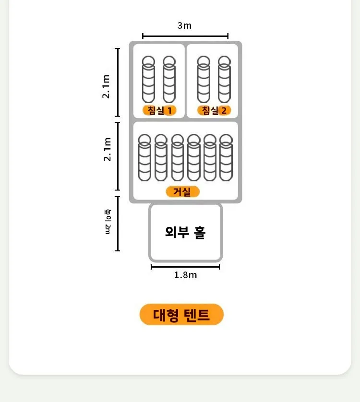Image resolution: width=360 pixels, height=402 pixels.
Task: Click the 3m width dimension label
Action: pyautogui.click(x=184, y=26)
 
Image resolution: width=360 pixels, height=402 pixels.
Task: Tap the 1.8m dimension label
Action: pyautogui.click(x=185, y=275)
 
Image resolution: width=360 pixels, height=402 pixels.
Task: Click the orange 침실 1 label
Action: pyautogui.click(x=159, y=111)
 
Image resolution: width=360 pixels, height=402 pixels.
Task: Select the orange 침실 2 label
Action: pyautogui.click(x=214, y=111)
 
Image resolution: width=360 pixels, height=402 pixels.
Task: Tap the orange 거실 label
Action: pyautogui.click(x=182, y=192)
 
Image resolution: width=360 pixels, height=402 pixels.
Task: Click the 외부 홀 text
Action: pyautogui.click(x=185, y=233)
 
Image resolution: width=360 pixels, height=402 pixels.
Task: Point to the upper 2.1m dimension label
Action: pyautogui.click(x=107, y=86)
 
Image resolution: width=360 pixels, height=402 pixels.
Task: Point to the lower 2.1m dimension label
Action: pyautogui.click(x=108, y=149)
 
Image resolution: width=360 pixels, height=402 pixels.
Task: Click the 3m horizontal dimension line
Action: pyautogui.click(x=185, y=35)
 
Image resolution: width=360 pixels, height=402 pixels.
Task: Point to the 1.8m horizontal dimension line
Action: pyautogui.click(x=185, y=267)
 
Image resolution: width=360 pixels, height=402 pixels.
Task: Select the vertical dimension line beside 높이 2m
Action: pyautogui.click(x=118, y=223)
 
